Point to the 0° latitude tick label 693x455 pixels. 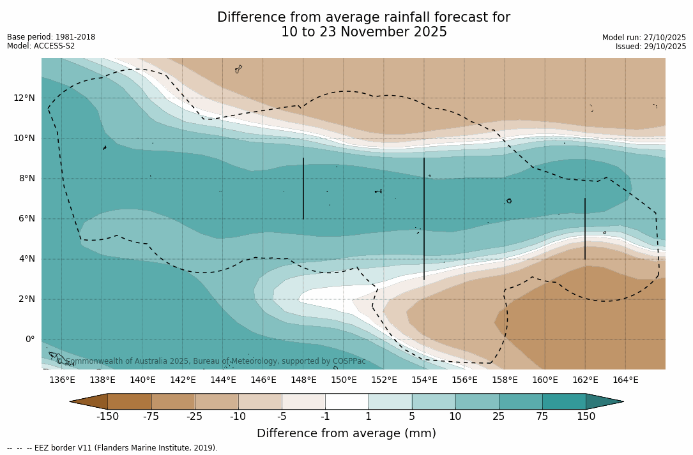click(x=30, y=339)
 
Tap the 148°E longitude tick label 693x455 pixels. click(x=303, y=380)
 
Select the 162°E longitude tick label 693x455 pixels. click(x=585, y=380)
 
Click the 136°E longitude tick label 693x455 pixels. click(x=62, y=380)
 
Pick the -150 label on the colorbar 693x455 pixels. click(x=107, y=417)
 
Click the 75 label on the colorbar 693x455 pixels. click(x=542, y=417)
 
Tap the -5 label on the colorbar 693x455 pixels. click(x=282, y=417)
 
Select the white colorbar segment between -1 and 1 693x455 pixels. click(x=347, y=401)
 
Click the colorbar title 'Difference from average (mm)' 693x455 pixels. click(x=346, y=433)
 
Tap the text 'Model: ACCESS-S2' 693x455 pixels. click(x=41, y=46)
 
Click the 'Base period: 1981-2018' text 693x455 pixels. click(x=51, y=37)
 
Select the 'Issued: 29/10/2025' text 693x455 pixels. click(x=651, y=47)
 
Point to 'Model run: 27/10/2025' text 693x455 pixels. click(x=644, y=38)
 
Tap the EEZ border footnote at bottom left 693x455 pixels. click(x=112, y=448)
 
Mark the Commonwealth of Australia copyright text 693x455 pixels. click(x=211, y=361)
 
